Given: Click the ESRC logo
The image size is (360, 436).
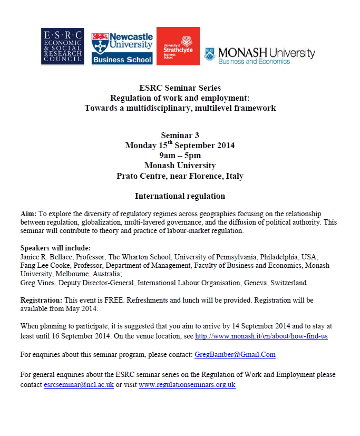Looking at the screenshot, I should click(62, 46).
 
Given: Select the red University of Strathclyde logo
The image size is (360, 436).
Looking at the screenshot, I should click(178, 46).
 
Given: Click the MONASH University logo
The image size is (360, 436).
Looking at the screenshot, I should click(259, 54).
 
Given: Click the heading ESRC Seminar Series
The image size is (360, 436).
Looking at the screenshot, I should click(180, 88).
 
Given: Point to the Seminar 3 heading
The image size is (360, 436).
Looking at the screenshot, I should click(180, 136).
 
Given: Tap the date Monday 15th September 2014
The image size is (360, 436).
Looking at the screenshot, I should click(180, 146).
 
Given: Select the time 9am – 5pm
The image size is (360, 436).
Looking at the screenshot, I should click(180, 156).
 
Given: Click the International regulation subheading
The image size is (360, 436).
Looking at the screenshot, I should click(180, 196).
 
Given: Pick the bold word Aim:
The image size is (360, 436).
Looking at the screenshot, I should click(28, 214).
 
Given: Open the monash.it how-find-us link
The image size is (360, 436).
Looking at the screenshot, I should click(261, 335).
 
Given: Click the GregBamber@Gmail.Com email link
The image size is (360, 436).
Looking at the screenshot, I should click(235, 354).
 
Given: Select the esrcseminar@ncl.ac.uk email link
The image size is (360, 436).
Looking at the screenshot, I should click(78, 385).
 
